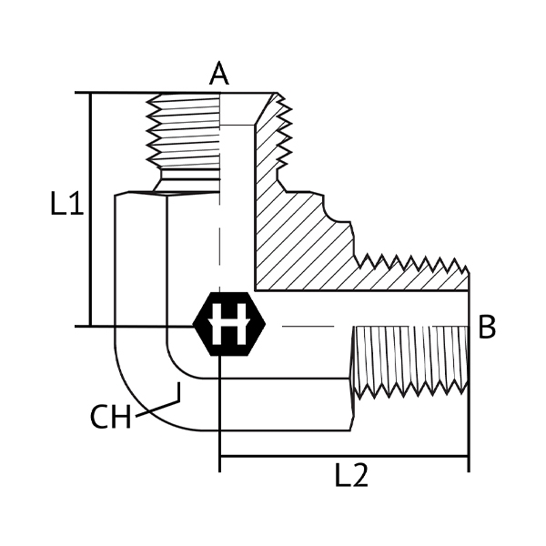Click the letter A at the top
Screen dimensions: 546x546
pyautogui.click(x=219, y=74)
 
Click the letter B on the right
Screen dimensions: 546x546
pyautogui.click(x=487, y=327)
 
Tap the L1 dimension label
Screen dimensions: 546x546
pyautogui.click(x=66, y=203)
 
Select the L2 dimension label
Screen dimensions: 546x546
pyautogui.click(x=351, y=475)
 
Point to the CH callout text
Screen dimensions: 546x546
pyautogui.click(x=110, y=417)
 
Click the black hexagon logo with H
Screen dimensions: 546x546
pyautogui.click(x=229, y=324)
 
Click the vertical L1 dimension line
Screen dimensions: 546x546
pyautogui.click(x=90, y=209)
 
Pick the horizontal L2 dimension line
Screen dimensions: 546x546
pyautogui.click(x=344, y=456)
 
